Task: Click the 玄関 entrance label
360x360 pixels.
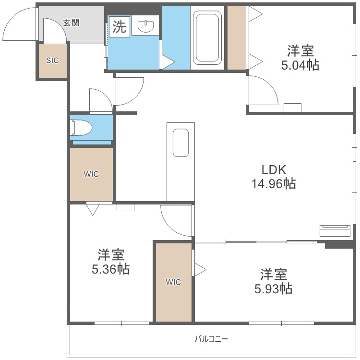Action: click(72, 23)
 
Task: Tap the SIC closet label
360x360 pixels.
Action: click(52, 60)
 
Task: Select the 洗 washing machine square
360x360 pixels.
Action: click(120, 26)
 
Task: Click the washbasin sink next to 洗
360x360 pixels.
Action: click(145, 26)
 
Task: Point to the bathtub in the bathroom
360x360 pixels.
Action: click(207, 37)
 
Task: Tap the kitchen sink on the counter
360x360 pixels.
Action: click(180, 143)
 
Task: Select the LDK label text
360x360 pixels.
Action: click(274, 169)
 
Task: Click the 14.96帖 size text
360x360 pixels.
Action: click(274, 184)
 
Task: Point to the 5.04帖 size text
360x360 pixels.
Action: click(300, 65)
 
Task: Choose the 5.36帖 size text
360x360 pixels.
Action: click(111, 269)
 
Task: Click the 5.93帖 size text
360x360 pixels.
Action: click(273, 289)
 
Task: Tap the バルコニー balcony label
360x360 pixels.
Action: click(212, 339)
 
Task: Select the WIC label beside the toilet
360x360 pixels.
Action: click(91, 174)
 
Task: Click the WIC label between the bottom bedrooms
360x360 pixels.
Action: click(173, 282)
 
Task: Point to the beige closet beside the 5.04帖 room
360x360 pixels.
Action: click(237, 37)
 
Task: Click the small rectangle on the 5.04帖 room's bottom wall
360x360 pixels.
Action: click(292, 108)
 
